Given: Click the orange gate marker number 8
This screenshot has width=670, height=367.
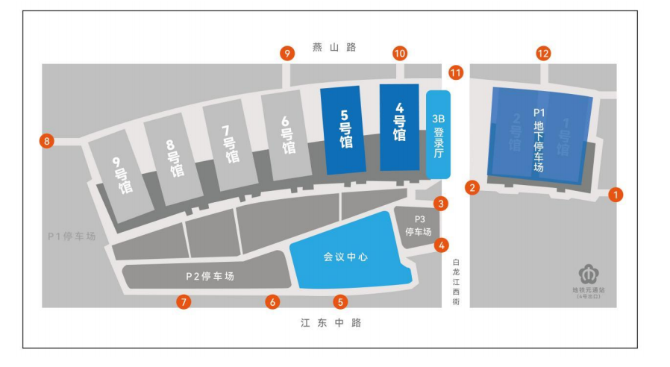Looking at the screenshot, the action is (x=48, y=140).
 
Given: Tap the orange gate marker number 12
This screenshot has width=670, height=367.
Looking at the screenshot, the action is (x=544, y=53).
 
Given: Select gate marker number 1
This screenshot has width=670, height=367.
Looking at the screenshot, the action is (x=616, y=195).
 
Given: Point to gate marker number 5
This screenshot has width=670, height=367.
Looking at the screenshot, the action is (x=341, y=302).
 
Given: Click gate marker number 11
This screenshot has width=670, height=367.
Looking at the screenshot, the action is (x=456, y=72).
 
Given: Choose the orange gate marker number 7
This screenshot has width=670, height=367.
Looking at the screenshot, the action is (x=184, y=302).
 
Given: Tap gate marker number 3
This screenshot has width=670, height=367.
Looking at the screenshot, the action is (x=442, y=203).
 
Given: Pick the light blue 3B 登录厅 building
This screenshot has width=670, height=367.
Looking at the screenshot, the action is (x=439, y=134).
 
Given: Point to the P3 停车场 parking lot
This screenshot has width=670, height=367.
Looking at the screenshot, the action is (x=419, y=226).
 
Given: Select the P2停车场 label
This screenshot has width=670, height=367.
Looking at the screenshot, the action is (x=210, y=276).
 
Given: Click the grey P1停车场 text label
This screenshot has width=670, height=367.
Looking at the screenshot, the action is (x=72, y=237).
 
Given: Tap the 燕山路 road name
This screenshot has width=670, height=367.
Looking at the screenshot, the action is (x=334, y=48).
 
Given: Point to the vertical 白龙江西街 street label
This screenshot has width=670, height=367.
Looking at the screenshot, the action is (x=457, y=282).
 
